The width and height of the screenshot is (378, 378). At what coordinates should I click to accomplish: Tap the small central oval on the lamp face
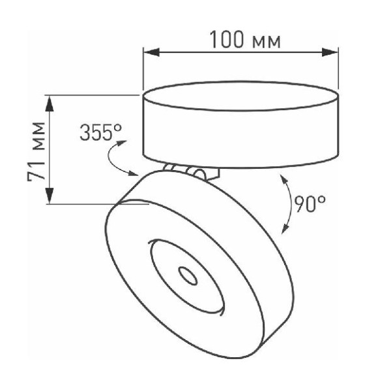coord(189,276)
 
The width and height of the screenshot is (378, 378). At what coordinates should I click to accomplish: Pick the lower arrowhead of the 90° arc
coord(284,229)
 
